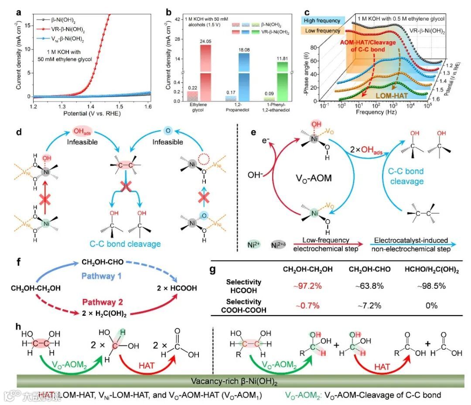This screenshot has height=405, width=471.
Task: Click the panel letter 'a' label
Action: [19, 12]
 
